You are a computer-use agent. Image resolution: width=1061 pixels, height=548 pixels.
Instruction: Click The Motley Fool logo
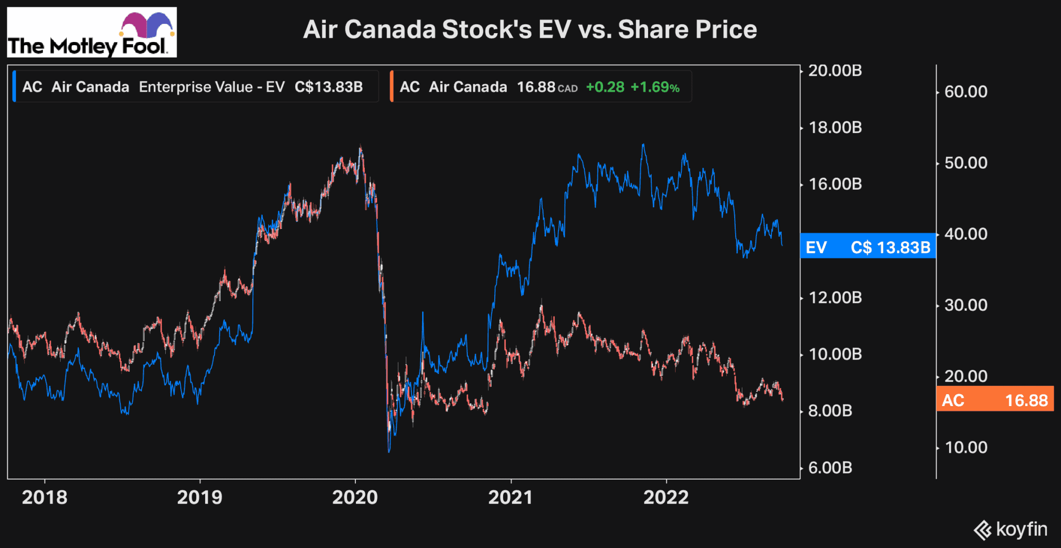92,32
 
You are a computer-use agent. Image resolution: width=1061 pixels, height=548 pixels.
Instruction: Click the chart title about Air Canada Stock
529,29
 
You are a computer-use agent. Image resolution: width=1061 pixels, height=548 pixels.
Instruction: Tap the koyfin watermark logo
1010,529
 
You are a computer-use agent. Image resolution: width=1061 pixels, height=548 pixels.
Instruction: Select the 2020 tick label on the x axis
355,497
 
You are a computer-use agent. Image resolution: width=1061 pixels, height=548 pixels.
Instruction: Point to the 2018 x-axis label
45,497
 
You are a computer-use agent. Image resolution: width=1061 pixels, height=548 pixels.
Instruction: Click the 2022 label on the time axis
666,497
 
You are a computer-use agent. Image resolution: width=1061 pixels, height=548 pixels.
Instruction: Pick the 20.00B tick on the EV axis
835,70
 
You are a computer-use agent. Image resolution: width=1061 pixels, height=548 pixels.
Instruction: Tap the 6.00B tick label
830,468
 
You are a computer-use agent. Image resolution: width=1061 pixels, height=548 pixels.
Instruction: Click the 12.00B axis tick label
835,297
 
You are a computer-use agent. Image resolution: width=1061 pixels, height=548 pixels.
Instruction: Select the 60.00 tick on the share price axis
966,92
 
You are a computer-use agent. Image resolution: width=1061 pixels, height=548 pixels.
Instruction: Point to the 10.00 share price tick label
966,447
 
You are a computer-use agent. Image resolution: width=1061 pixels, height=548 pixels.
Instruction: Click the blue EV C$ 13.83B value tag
868,247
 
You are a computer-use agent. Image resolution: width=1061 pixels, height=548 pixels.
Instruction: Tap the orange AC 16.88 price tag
995,400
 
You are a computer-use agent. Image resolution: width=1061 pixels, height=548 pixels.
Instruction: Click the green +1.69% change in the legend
655,87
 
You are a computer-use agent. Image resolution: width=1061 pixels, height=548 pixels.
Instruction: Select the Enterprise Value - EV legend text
211,87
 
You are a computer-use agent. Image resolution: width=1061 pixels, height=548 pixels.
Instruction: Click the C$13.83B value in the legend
328,87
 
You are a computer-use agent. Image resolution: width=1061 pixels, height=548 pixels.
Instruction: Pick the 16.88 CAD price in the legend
547,87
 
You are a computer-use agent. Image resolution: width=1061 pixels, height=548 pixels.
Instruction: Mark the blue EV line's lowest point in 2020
389,451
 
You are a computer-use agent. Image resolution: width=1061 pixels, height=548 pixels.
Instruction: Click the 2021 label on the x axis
510,497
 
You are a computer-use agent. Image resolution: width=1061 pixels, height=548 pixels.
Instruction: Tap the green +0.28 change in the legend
605,87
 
